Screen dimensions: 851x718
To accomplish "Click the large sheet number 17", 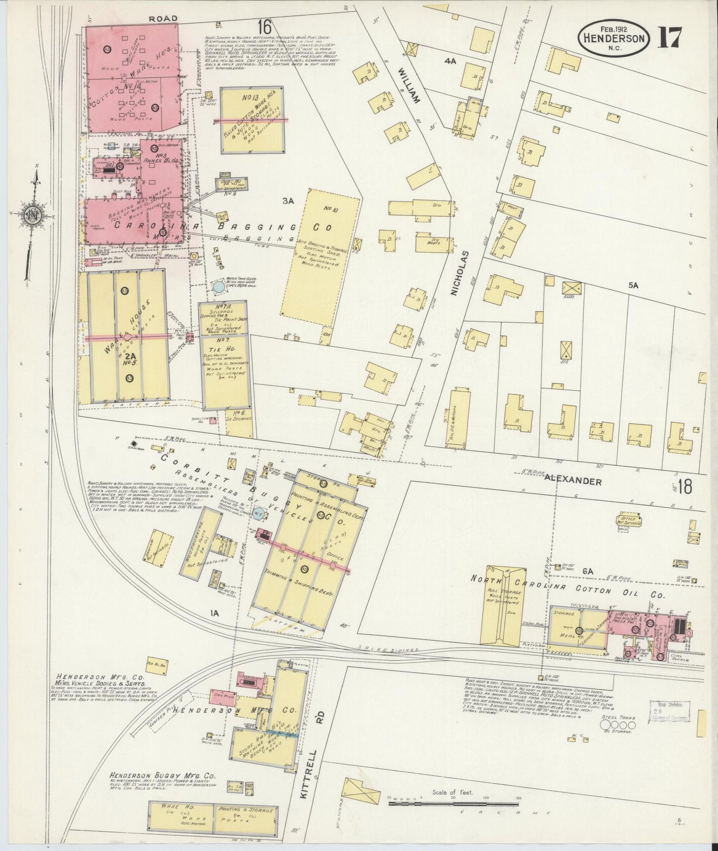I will [x=670, y=37].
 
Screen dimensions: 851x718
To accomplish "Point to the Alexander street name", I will [x=572, y=481].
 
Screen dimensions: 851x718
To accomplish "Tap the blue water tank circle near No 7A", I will [x=218, y=286].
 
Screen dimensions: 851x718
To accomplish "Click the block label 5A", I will [x=633, y=285].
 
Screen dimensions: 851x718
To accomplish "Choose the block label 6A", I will [x=588, y=571].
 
